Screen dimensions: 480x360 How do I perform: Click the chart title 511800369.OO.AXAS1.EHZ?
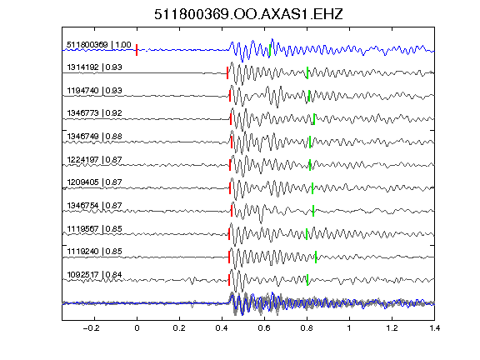pyautogui.click(x=248, y=14)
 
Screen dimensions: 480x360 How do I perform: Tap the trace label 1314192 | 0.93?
pyautogui.click(x=95, y=67)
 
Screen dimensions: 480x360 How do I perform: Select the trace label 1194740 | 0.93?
pyautogui.click(x=95, y=91)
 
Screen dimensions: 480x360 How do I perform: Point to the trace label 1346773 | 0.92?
pyautogui.click(x=95, y=113)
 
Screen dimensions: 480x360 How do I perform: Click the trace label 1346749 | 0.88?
pyautogui.click(x=95, y=136)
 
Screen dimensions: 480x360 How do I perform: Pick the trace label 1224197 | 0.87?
pyautogui.click(x=95, y=159)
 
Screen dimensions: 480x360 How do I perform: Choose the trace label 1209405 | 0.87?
pyautogui.click(x=95, y=182)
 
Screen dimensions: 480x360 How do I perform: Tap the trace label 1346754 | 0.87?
pyautogui.click(x=95, y=205)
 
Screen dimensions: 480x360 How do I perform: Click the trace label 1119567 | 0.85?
pyautogui.click(x=95, y=228)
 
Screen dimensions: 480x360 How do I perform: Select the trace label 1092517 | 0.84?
pyautogui.click(x=95, y=275)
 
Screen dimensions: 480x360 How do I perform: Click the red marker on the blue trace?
pyautogui.click(x=137, y=50)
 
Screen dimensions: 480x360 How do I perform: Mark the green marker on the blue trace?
pyautogui.click(x=270, y=51)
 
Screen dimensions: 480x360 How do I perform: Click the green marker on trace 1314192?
pyautogui.click(x=307, y=72)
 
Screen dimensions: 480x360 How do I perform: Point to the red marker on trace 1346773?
pyautogui.click(x=231, y=119)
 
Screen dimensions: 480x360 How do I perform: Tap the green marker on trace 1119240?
pyautogui.click(x=316, y=257)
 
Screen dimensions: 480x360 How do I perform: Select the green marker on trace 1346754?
pyautogui.click(x=313, y=211)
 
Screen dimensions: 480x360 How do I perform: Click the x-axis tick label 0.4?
pyautogui.click(x=222, y=328)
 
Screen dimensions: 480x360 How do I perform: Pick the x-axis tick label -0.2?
pyautogui.click(x=92, y=328)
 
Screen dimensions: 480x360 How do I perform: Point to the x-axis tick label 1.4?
pyautogui.click(x=434, y=328)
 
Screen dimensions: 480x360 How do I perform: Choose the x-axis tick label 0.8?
pyautogui.click(x=307, y=328)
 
